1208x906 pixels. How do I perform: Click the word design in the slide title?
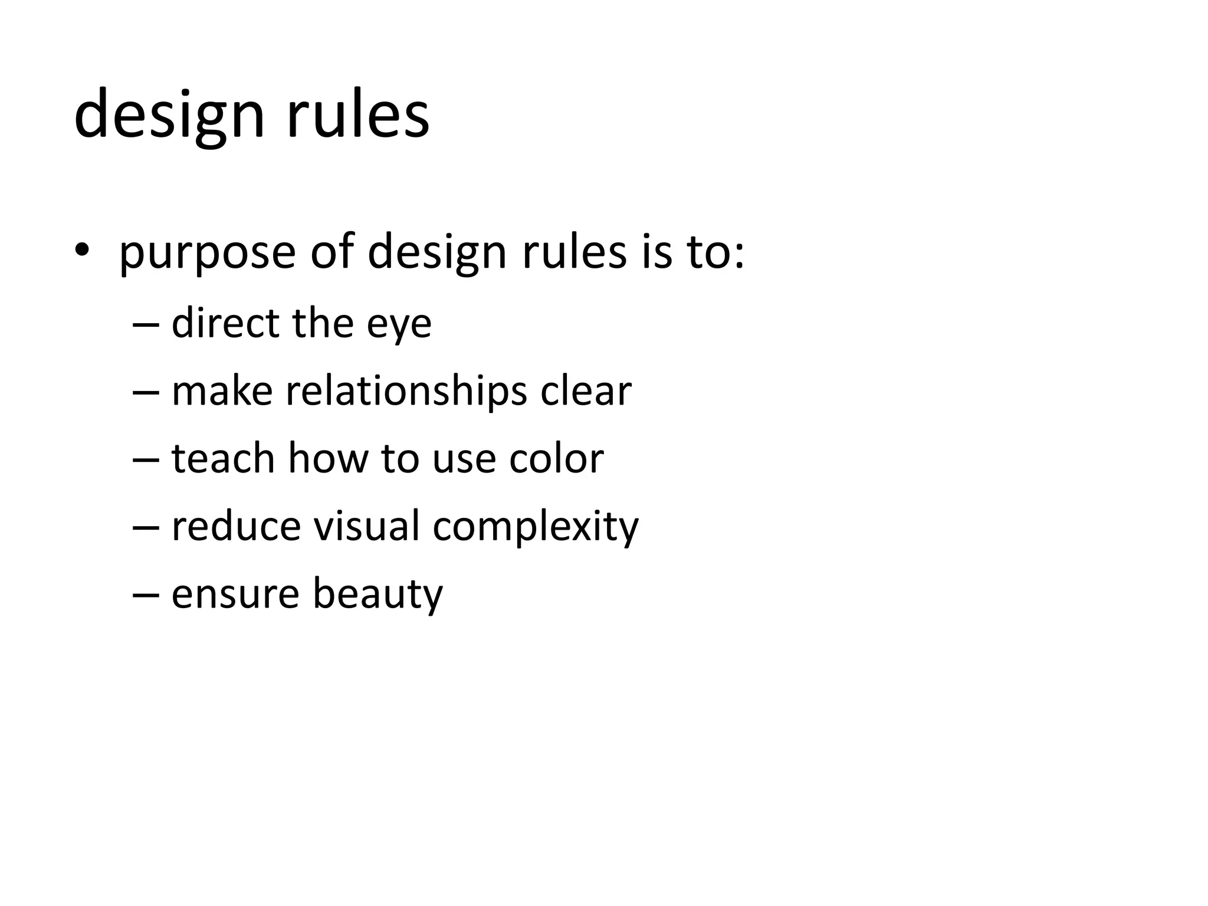coord(169,115)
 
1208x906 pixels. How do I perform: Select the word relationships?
coord(406,392)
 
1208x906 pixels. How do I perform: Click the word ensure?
coord(235,594)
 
